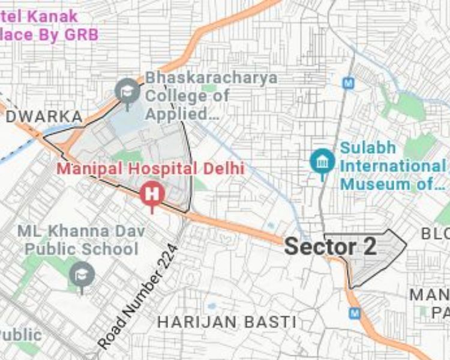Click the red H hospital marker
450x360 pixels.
pyautogui.click(x=152, y=194)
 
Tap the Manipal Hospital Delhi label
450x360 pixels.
pyautogui.click(x=151, y=169)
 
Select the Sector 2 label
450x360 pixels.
pyautogui.click(x=330, y=247)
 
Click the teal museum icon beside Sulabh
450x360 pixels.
pyautogui.click(x=322, y=161)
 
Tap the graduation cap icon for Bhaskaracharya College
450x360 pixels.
pyautogui.click(x=127, y=92)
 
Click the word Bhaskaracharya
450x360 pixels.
pyautogui.click(x=211, y=77)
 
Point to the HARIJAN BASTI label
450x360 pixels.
pyautogui.click(x=227, y=322)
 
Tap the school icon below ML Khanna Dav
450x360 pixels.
pyautogui.click(x=82, y=275)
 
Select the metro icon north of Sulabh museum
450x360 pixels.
pyautogui.click(x=347, y=82)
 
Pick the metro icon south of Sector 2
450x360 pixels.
pyautogui.click(x=355, y=313)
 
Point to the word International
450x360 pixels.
pyautogui.click(x=392, y=166)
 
